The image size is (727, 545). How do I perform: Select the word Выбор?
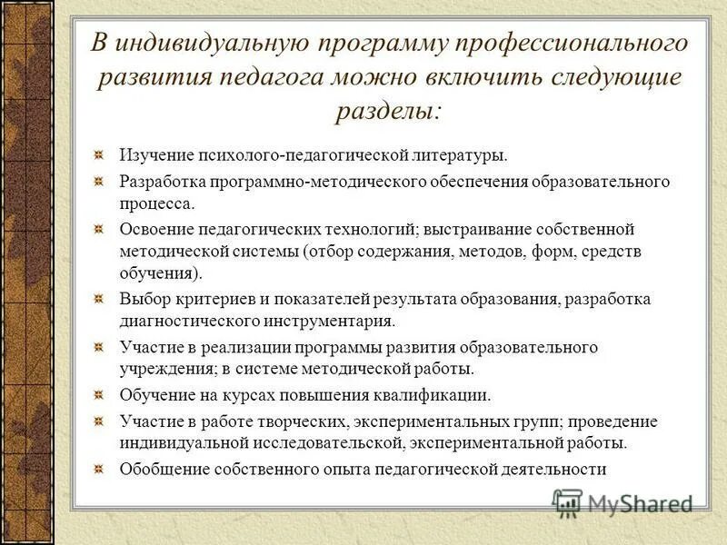[143, 299]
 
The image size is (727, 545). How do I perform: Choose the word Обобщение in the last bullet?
[164, 469]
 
